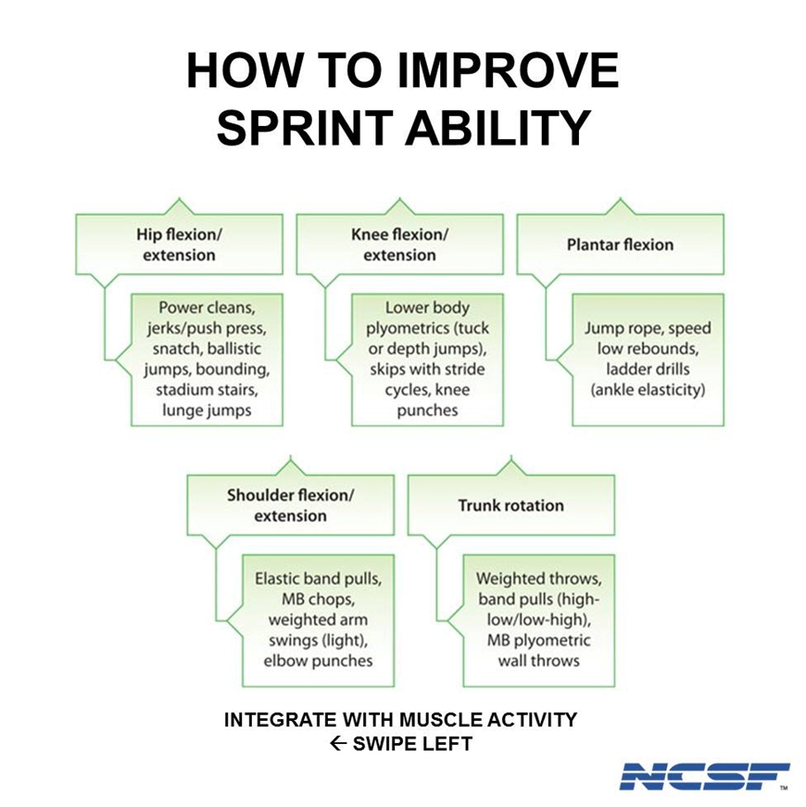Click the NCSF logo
point(704,776)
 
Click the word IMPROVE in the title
point(508,70)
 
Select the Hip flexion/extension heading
point(179,245)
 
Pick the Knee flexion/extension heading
point(399,245)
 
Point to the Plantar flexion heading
point(620,245)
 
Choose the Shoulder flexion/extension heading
point(290,505)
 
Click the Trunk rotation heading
point(511,505)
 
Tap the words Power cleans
point(207,308)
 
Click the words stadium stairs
point(207,390)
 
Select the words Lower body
point(427,308)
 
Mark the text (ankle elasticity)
point(648,390)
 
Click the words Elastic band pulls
point(318,578)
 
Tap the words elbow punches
point(318,661)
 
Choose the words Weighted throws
point(539,578)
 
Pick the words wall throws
point(539,661)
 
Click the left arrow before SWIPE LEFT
point(337,744)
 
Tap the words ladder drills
point(648,369)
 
